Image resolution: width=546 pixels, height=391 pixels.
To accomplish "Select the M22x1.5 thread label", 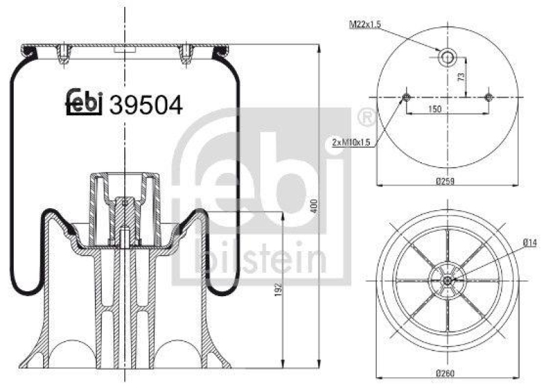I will click(x=364, y=25).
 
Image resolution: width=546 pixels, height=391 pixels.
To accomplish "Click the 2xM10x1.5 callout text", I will click(x=351, y=142).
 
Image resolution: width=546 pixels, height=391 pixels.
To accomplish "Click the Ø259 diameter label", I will click(x=444, y=181).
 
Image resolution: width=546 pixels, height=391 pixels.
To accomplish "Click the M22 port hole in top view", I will click(x=447, y=57).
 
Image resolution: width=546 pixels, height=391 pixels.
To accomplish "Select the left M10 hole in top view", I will click(x=406, y=98).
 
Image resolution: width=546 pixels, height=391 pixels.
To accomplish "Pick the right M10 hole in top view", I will click(x=488, y=98).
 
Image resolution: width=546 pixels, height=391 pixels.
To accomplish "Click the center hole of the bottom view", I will click(x=447, y=280).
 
